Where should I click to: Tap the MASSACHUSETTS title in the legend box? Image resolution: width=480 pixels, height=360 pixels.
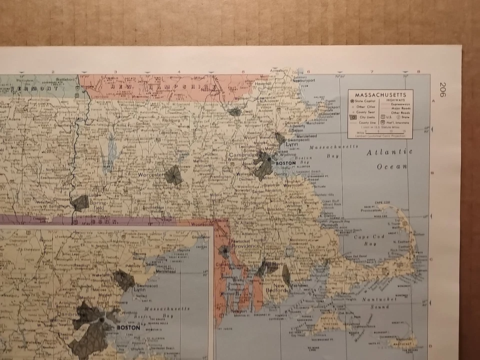(380, 94)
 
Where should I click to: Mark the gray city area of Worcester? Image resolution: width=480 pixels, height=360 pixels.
(173, 175)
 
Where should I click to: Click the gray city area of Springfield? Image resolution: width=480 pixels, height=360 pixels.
(80, 202)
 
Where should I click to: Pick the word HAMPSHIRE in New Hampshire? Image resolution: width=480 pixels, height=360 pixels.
(199, 86)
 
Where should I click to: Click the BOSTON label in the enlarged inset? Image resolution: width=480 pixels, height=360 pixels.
(128, 328)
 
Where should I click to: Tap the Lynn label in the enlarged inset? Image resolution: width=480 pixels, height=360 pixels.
(139, 289)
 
